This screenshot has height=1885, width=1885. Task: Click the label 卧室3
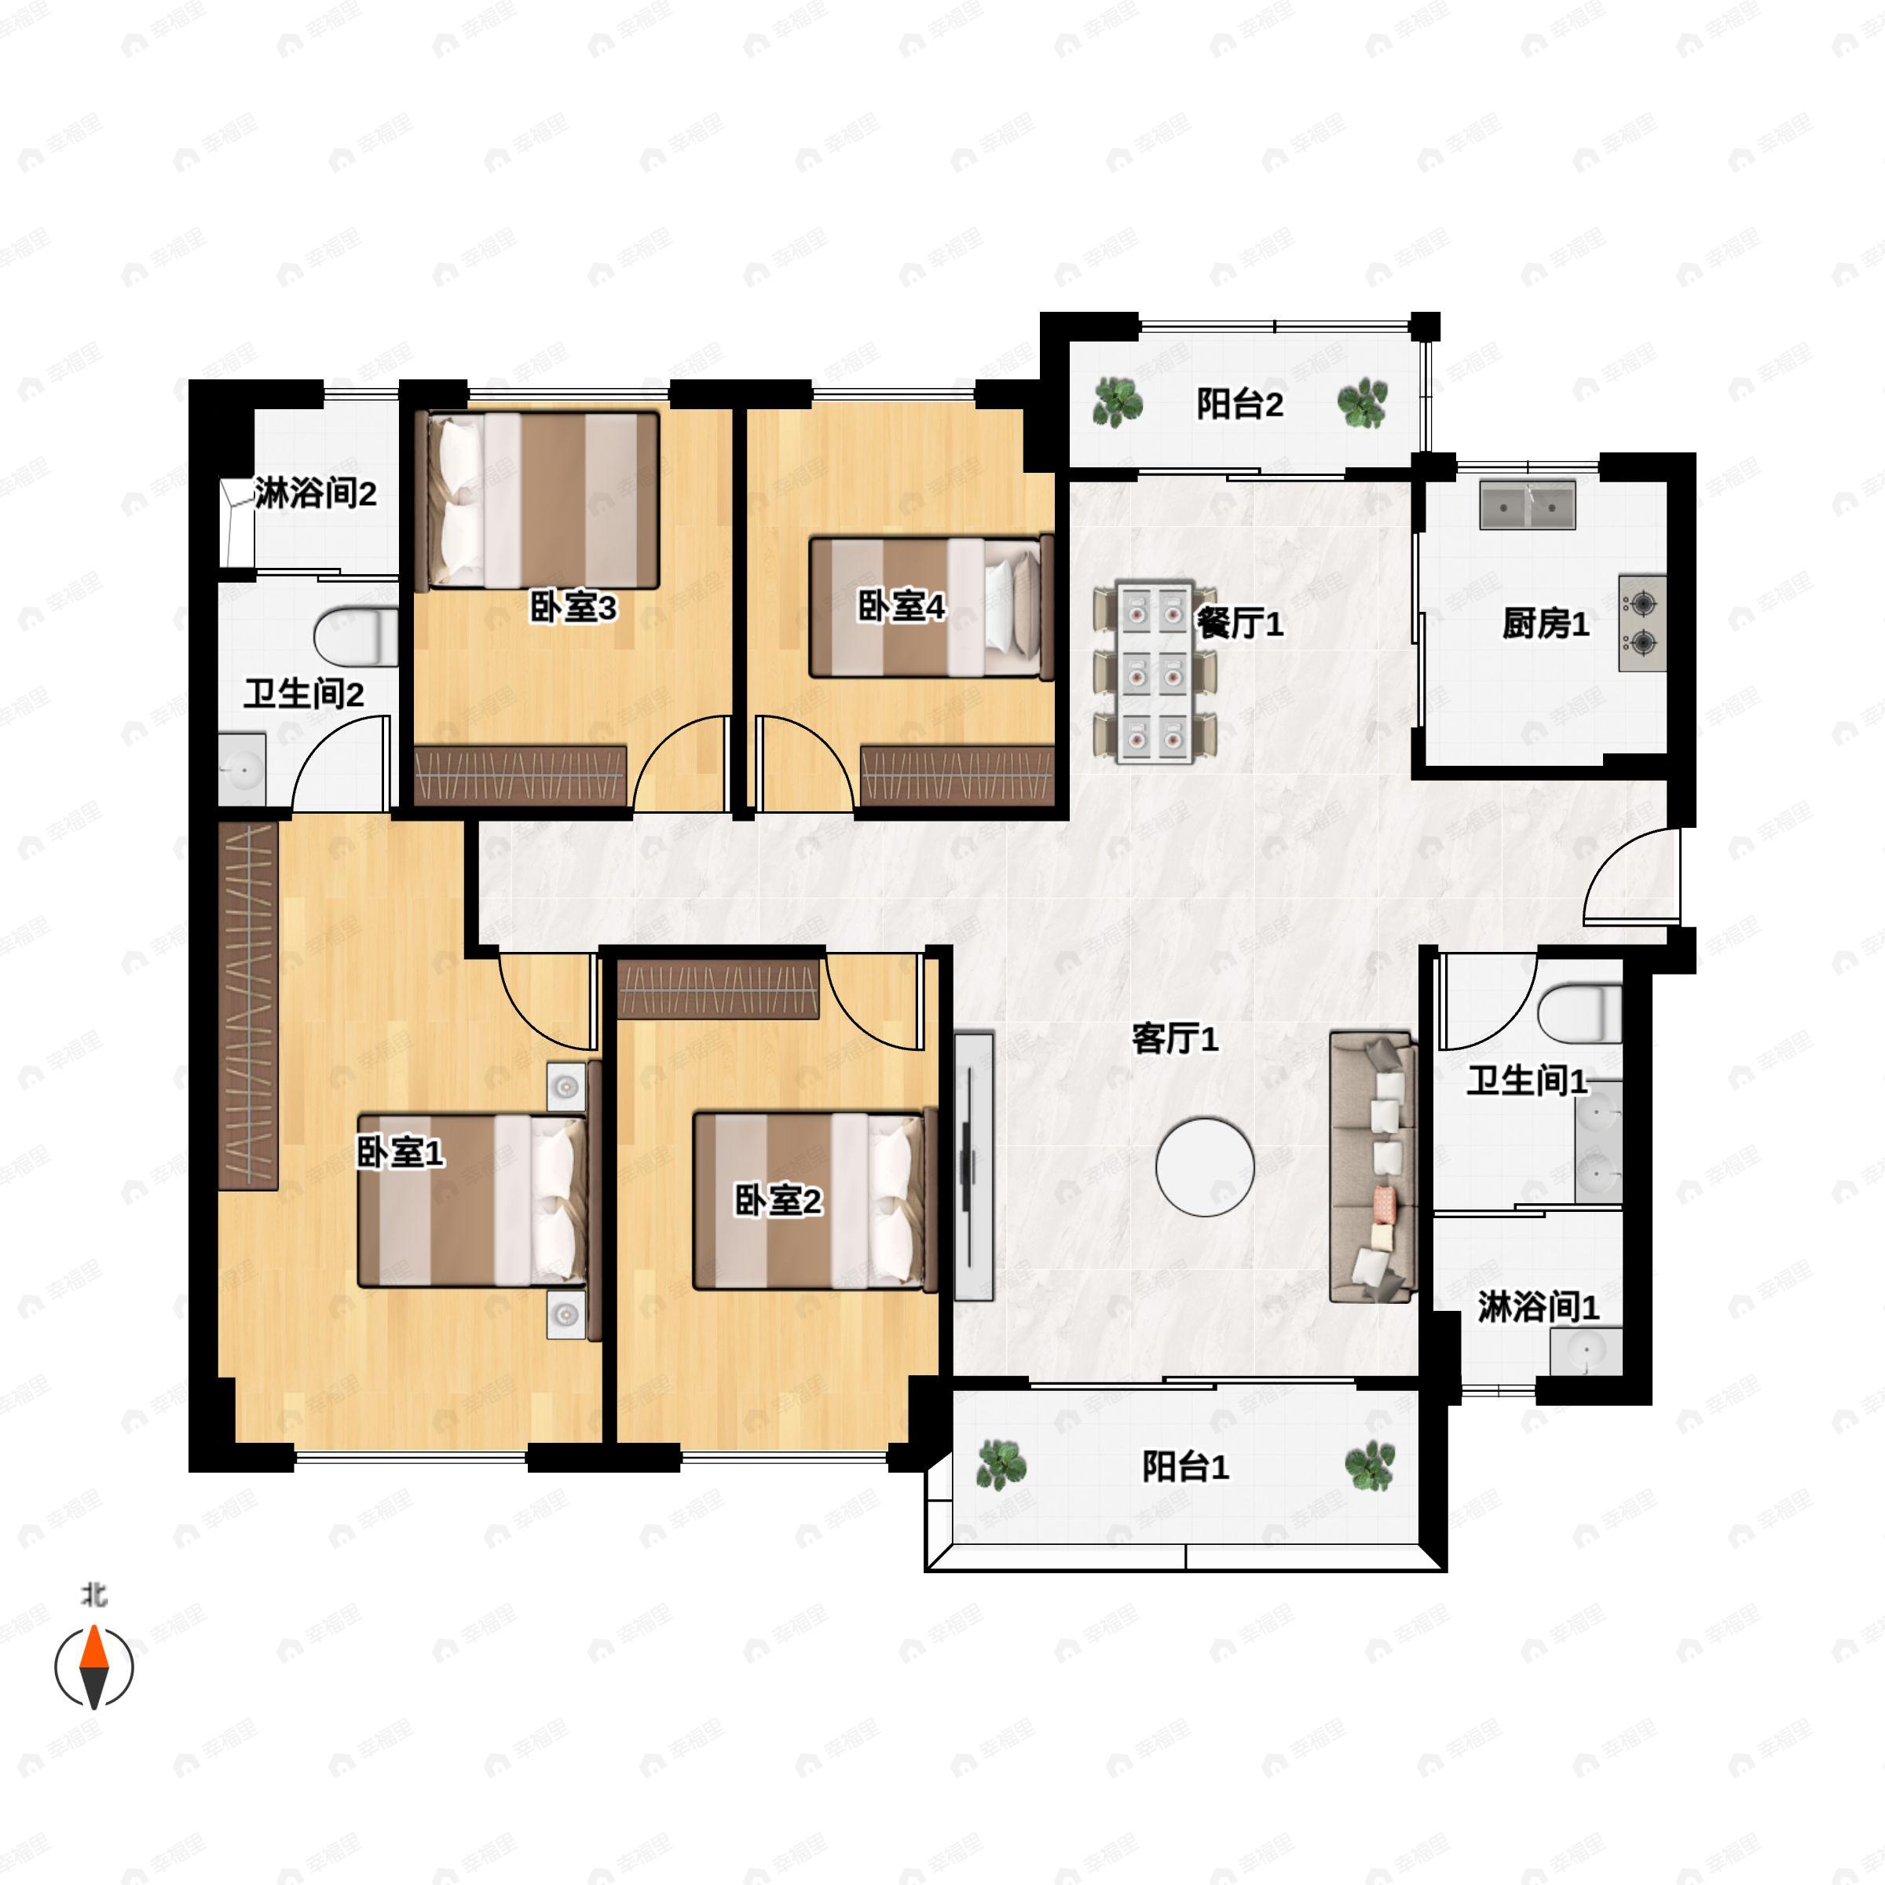click(x=573, y=608)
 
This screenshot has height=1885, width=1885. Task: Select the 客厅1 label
click(x=1176, y=1038)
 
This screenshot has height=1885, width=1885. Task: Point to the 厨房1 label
click(x=1546, y=623)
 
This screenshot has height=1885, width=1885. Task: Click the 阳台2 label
click(x=1240, y=403)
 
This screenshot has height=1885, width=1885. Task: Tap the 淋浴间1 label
click(x=1539, y=1306)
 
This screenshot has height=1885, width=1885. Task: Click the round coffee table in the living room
click(x=1205, y=1167)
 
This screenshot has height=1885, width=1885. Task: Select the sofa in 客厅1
click(x=1373, y=1168)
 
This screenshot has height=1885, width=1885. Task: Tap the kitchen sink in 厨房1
click(x=1528, y=504)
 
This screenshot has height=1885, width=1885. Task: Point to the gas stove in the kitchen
click(x=1642, y=623)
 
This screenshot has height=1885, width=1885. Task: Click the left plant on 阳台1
click(x=1002, y=1465)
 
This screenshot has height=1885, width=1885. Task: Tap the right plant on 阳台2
click(x=1362, y=403)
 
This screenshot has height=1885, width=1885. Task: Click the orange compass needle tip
click(x=93, y=1624)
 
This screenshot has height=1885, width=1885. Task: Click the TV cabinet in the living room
click(x=973, y=1167)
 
